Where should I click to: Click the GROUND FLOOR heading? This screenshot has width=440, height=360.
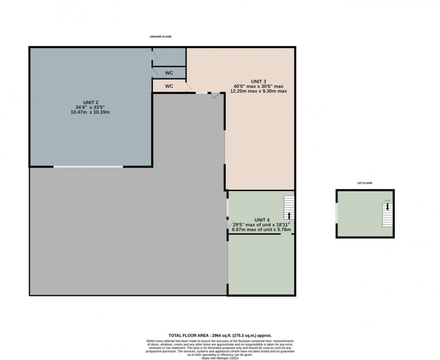pyautogui.click(x=161, y=36)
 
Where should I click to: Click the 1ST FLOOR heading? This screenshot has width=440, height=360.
pyautogui.click(x=365, y=183)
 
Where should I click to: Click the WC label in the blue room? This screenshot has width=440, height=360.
pyautogui.click(x=169, y=73)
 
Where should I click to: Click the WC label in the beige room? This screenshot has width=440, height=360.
pyautogui.click(x=169, y=86)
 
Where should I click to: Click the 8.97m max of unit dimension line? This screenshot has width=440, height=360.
pyautogui.click(x=261, y=230)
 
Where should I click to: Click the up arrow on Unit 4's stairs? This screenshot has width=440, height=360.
pyautogui.click(x=289, y=215)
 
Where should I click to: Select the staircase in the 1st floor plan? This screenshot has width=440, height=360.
pyautogui.click(x=387, y=215)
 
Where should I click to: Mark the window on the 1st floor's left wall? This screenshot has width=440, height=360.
pyautogui.click(x=336, y=213)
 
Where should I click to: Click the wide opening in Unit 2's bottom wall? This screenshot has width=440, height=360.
pyautogui.click(x=88, y=167)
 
